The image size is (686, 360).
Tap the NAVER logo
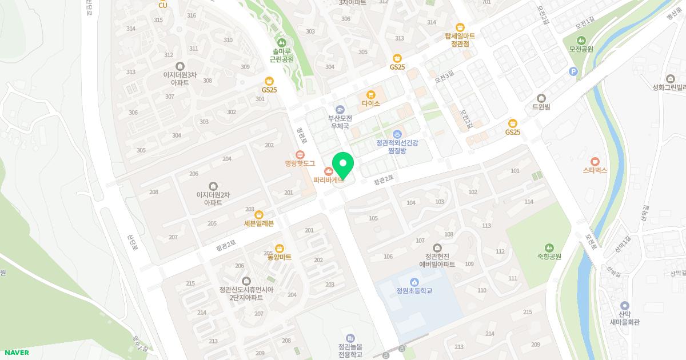[x=15, y=353]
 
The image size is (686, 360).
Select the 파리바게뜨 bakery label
[x=328, y=179]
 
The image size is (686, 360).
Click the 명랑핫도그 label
[x=300, y=163]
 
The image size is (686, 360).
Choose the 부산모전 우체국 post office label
[x=340, y=122]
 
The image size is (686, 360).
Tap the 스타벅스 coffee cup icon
[x=595, y=162]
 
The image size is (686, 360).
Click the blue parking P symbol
[x=573, y=71]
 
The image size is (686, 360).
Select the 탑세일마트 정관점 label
[x=460, y=39]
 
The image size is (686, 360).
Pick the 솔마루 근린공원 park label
[x=281, y=55]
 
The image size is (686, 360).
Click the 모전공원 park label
[x=581, y=49]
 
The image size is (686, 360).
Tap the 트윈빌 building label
[x=541, y=106]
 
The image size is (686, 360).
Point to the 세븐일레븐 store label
[x=259, y=223]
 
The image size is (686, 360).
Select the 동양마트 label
[x=280, y=257]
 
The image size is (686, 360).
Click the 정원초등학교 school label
[x=414, y=290]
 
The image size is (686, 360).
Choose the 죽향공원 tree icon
[x=549, y=248]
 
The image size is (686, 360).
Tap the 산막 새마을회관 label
[x=624, y=322]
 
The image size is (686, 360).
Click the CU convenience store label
[x=163, y=5]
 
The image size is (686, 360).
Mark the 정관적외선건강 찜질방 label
[x=397, y=146]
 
